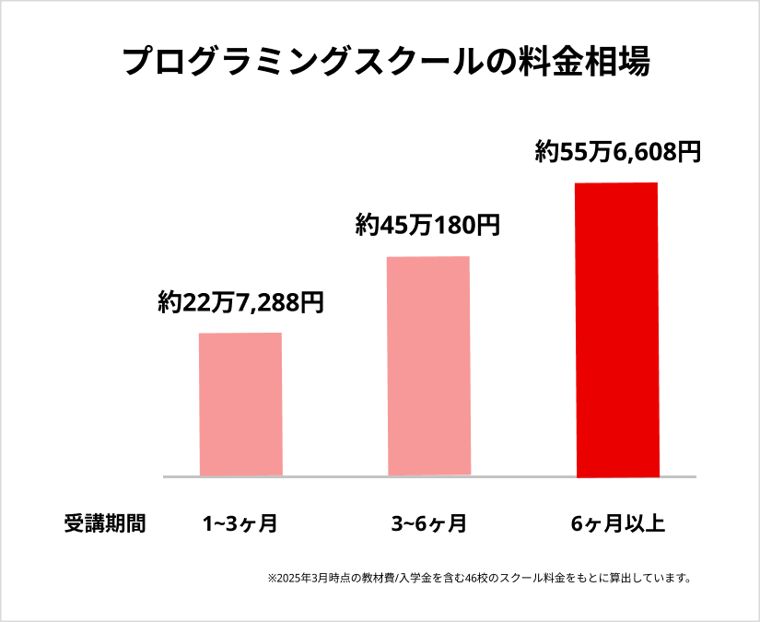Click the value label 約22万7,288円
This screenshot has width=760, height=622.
coord(240,302)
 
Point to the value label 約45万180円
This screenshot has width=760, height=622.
coord(427,224)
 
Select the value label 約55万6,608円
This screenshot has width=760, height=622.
coord(618,152)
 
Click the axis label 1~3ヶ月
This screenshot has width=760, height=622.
coord(240,524)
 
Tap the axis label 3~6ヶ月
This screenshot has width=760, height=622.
coord(428,524)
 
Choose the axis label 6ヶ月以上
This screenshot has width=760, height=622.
coord(617,524)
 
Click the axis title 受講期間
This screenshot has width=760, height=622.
coord(105,524)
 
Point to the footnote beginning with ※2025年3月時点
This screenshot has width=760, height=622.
coord(479,579)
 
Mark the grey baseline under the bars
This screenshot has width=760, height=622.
coord(429,476)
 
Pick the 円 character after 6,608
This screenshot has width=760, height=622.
coord(688,152)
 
